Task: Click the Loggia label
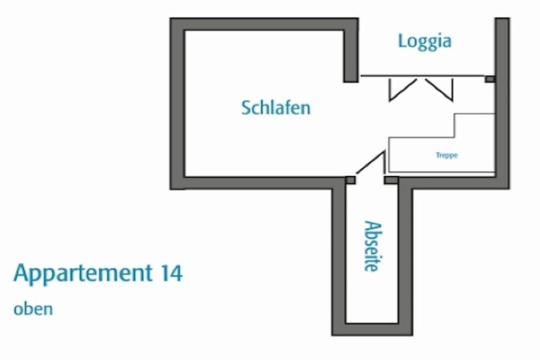pyautogui.click(x=425, y=41)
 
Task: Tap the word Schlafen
pyautogui.click(x=276, y=108)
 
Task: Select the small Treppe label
pyautogui.click(x=447, y=155)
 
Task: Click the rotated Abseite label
pyautogui.click(x=371, y=246)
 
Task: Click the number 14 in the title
pyautogui.click(x=170, y=273)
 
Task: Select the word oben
pyautogui.click(x=33, y=308)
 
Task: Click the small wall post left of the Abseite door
pyautogui.click(x=350, y=180)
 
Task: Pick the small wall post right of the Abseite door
pyautogui.click(x=391, y=180)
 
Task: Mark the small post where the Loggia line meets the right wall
pyautogui.click(x=490, y=79)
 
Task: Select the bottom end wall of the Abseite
pyautogui.click(x=372, y=329)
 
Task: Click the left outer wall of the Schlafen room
pyautogui.click(x=177, y=105)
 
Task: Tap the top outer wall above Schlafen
pyautogui.click(x=264, y=24)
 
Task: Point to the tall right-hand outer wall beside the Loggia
pyautogui.click(x=502, y=100)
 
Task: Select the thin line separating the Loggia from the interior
pyautogui.click(x=422, y=76)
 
